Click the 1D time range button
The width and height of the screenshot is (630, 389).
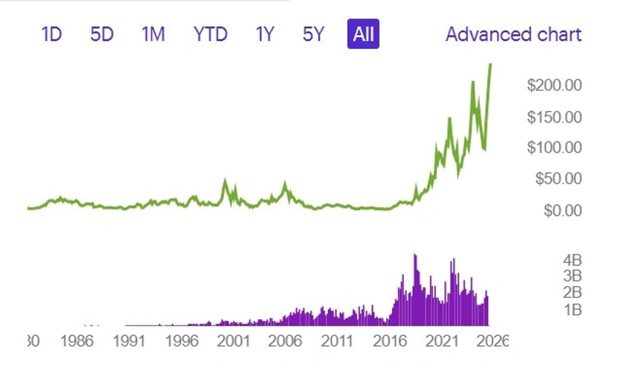pos(51,35)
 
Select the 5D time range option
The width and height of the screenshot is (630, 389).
pos(102,35)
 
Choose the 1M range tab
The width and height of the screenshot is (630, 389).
pos(153,35)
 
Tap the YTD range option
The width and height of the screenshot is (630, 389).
pos(210,35)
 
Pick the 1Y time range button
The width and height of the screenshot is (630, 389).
pos(264,35)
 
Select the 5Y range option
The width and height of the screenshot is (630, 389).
pos(313,35)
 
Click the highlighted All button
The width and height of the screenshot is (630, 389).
pos(363,35)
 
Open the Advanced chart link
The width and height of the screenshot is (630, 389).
pos(513,35)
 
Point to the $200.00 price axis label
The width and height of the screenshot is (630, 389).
pos(554,85)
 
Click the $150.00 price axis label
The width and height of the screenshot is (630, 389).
pos(554,117)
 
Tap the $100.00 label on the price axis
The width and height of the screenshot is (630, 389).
pos(554,147)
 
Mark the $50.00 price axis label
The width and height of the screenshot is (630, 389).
pos(558,178)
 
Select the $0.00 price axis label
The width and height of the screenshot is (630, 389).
pos(562,210)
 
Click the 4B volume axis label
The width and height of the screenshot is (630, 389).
pos(572,260)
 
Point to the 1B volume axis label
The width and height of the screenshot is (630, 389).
pos(572,309)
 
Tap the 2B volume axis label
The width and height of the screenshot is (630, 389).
pos(572,292)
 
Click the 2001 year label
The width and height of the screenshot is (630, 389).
pos(233,341)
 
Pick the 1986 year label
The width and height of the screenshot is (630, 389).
pos(77,341)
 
